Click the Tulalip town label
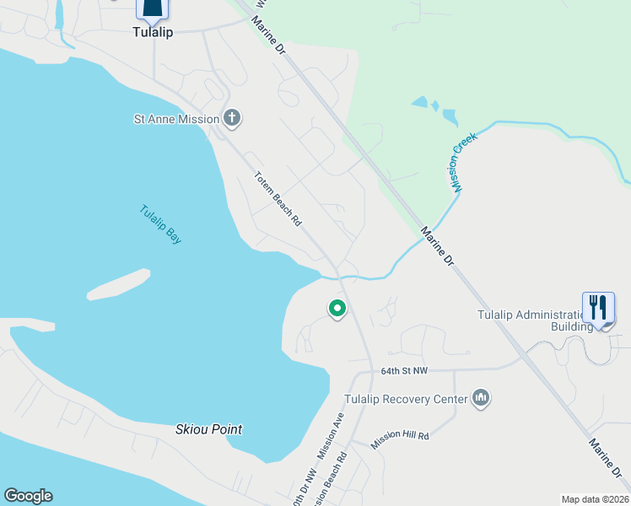click(x=153, y=32)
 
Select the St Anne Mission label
click(x=176, y=119)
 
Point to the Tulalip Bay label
click(x=160, y=225)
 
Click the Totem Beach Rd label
click(x=278, y=199)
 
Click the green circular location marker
click(x=337, y=310)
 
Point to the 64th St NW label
click(x=405, y=371)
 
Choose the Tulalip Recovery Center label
click(x=406, y=399)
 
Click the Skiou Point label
click(x=208, y=429)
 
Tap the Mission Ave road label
click(x=331, y=435)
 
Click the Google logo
click(x=28, y=496)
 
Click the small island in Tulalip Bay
click(x=118, y=284)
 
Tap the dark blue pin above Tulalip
click(x=153, y=8)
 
